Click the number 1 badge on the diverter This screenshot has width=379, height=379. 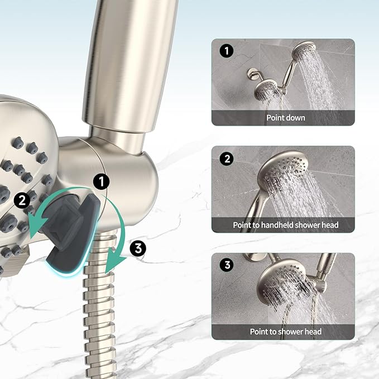[102, 181]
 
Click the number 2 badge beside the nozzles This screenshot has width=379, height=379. [22, 200]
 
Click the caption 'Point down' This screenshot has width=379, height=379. [285, 118]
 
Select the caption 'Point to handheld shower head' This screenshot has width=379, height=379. [285, 225]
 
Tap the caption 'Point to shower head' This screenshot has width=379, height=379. [285, 332]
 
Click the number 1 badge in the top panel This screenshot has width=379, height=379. [227, 51]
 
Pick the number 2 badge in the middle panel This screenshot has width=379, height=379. [227, 159]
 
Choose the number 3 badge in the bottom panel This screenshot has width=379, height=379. [227, 266]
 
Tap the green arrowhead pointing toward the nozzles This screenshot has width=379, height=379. [35, 229]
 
